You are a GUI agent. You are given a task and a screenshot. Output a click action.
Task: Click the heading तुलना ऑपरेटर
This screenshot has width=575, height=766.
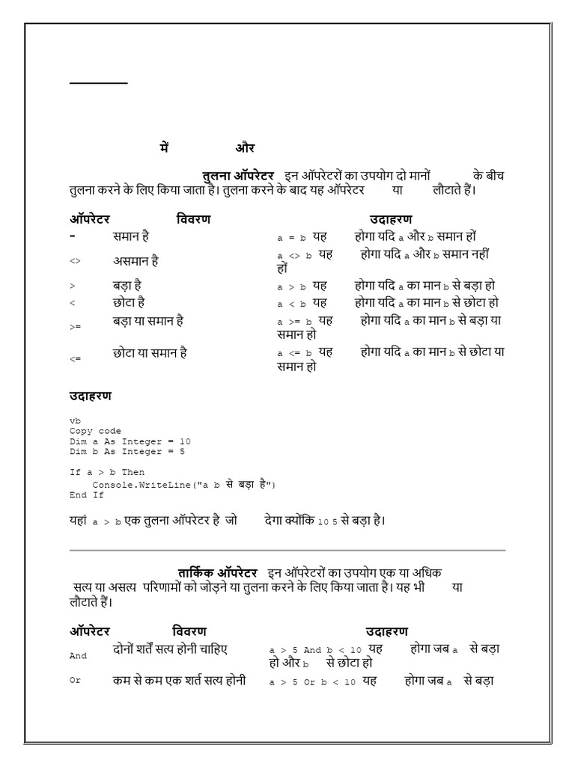(238, 175)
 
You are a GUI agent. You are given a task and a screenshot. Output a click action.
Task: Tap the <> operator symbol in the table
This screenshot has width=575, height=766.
(75, 262)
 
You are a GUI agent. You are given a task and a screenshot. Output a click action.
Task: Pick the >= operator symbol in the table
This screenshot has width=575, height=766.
(75, 327)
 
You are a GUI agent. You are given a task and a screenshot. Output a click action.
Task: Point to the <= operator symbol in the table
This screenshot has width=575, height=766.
(75, 359)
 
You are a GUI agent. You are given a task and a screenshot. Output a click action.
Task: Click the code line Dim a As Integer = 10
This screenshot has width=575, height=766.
(130, 442)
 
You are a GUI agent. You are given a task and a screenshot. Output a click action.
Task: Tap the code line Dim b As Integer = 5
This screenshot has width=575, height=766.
(127, 452)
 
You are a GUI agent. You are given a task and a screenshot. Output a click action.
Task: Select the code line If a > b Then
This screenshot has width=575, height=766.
(107, 473)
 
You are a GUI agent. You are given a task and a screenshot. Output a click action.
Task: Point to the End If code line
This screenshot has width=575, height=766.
(86, 495)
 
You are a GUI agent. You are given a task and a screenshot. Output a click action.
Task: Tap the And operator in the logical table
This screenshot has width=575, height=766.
(78, 656)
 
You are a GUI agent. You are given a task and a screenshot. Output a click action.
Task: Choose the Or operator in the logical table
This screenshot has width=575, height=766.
(75, 681)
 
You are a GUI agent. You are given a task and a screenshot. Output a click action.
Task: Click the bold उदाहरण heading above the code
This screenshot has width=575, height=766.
(91, 396)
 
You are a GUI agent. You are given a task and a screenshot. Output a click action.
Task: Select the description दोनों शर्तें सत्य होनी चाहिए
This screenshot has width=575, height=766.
(169, 649)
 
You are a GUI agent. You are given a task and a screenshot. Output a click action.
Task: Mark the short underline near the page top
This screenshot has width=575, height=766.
(99, 83)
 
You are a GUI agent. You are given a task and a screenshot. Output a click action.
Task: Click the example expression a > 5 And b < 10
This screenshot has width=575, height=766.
(315, 650)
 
